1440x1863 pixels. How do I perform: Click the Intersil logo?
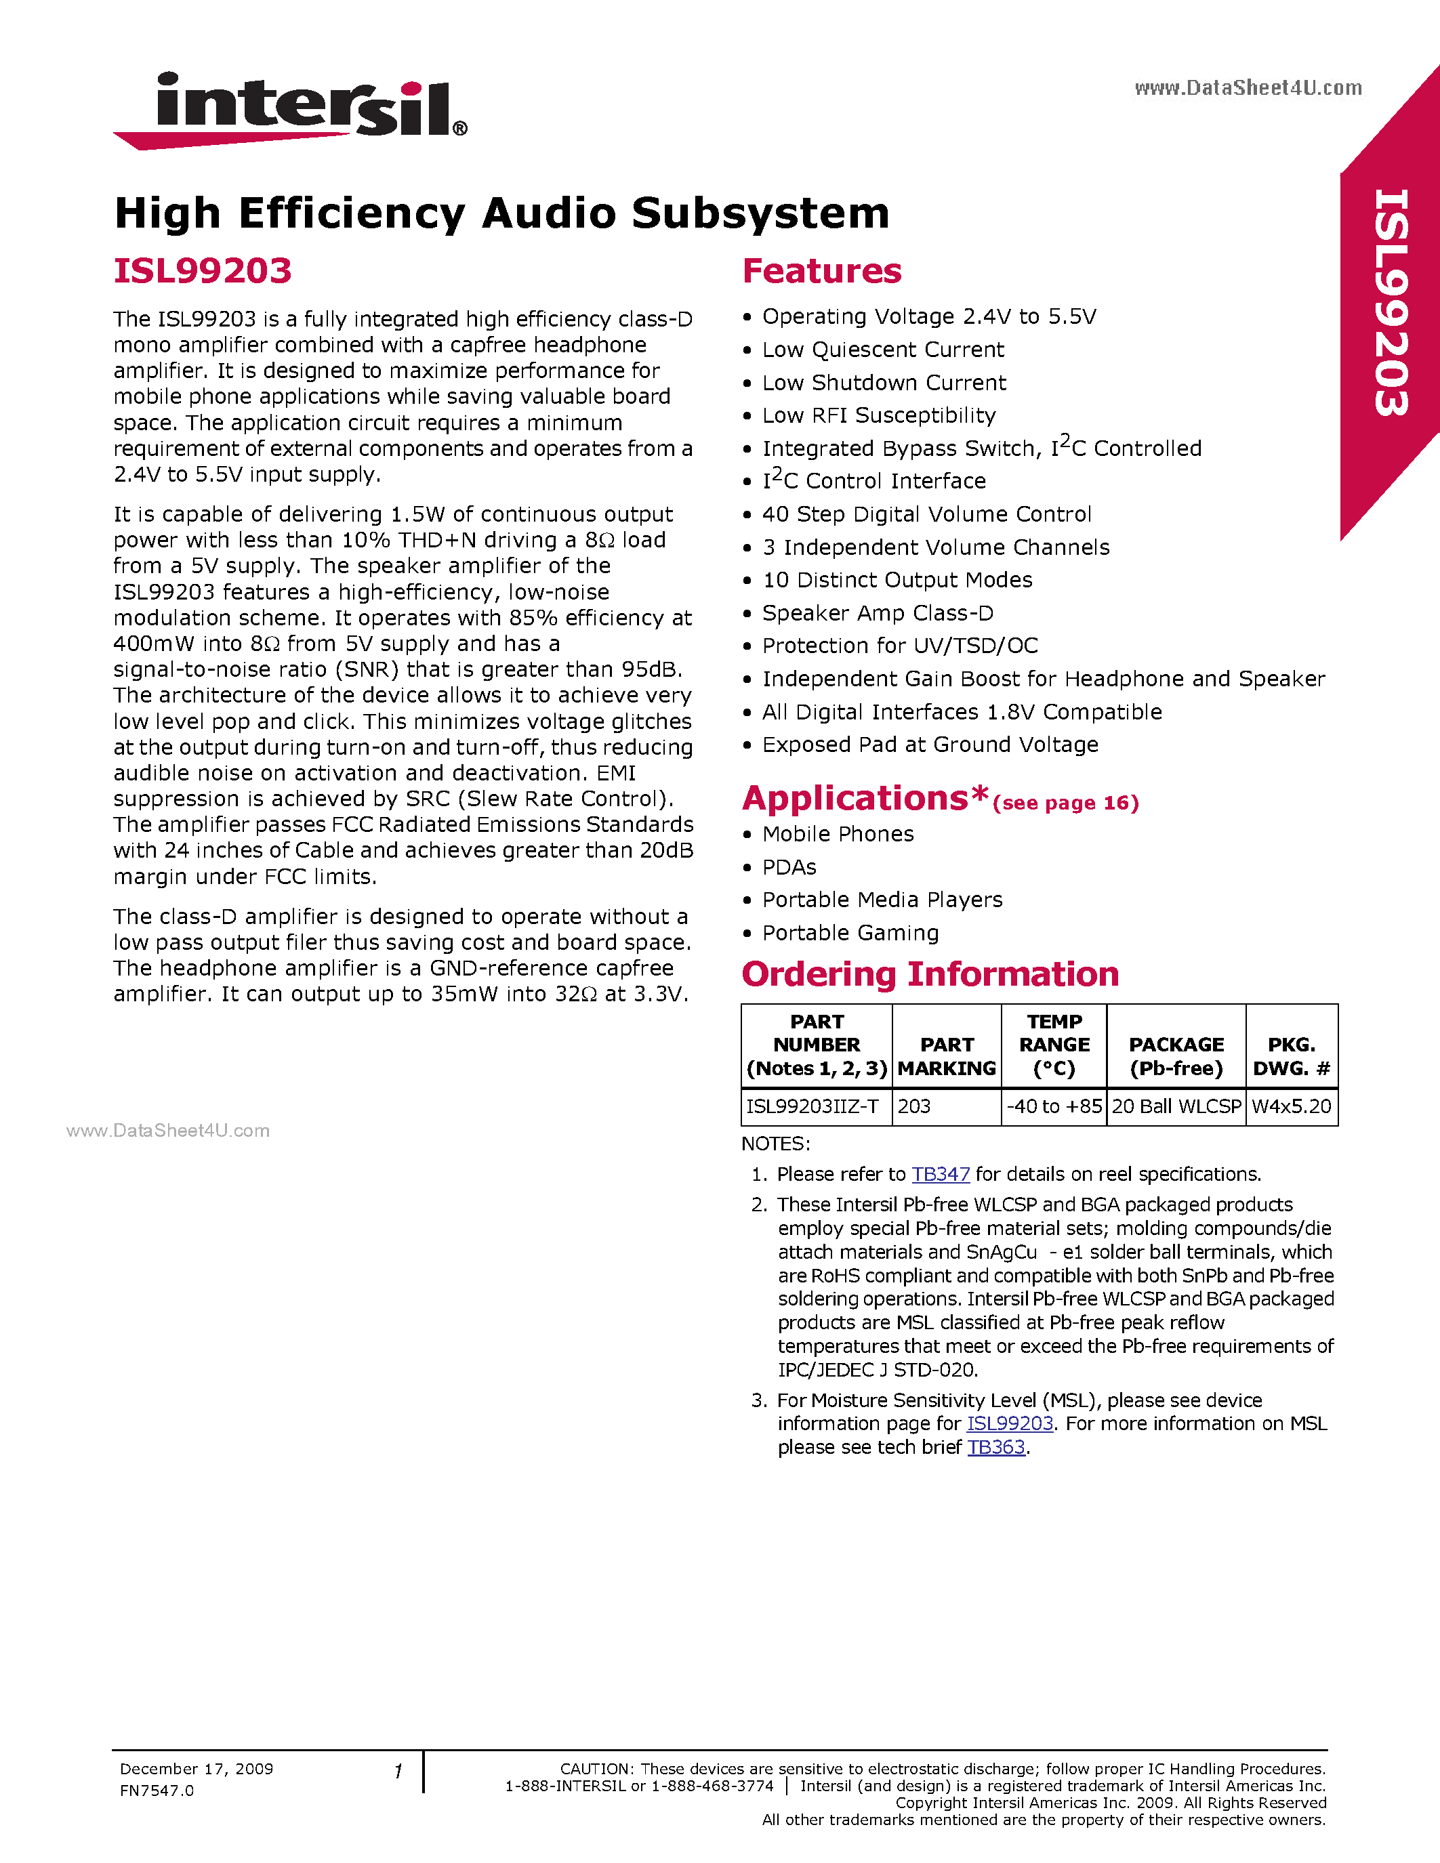click(x=290, y=109)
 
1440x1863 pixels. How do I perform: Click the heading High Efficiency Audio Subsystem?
click(x=501, y=213)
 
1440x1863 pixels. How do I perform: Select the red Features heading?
click(x=821, y=271)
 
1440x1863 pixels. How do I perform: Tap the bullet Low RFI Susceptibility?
click(x=879, y=415)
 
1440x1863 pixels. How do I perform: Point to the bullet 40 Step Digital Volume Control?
click(x=926, y=514)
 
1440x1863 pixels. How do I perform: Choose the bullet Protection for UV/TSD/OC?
click(x=899, y=646)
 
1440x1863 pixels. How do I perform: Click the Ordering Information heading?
click(x=930, y=974)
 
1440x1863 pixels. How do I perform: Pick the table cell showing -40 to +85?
click(x=1054, y=1106)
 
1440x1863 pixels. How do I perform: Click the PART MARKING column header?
click(x=947, y=1056)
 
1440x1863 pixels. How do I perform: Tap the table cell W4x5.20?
click(x=1291, y=1106)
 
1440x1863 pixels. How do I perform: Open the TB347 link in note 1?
click(x=940, y=1175)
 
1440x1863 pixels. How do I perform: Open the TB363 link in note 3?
click(x=995, y=1448)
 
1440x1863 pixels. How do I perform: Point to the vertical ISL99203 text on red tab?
click(x=1391, y=303)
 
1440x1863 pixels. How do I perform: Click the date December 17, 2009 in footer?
click(x=197, y=1769)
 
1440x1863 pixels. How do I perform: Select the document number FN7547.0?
click(x=157, y=1791)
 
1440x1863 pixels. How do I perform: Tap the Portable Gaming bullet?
click(x=850, y=934)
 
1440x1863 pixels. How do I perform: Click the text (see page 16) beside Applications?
click(x=1065, y=803)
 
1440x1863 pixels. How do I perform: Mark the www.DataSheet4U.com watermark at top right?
click(x=1248, y=88)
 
